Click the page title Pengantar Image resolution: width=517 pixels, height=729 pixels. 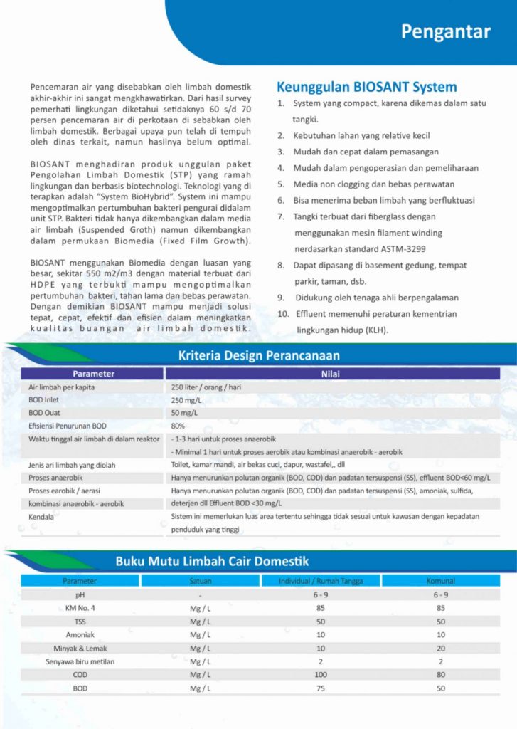(x=445, y=32)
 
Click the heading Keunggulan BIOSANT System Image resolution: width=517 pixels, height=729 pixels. (x=366, y=88)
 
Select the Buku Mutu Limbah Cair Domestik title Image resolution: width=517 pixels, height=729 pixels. (x=212, y=561)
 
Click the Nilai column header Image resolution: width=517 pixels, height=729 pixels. (x=332, y=373)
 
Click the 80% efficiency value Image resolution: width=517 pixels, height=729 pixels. (x=178, y=426)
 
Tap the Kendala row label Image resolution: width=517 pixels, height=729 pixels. (x=41, y=516)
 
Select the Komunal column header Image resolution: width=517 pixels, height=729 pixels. (x=440, y=581)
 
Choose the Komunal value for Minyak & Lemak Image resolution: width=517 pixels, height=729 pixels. (x=440, y=649)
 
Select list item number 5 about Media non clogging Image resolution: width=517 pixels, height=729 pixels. (x=373, y=184)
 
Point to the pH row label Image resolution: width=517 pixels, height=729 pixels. (x=80, y=594)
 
